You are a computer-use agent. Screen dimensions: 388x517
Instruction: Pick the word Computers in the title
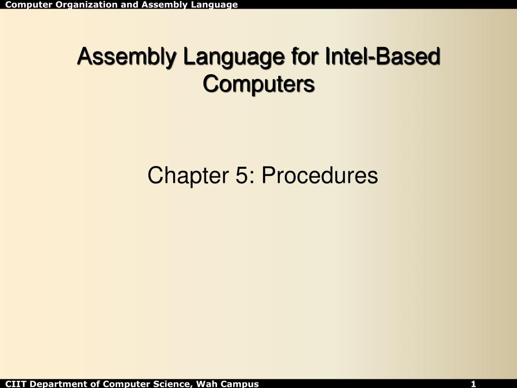[x=258, y=83]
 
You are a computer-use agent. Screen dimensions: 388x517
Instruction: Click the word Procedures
[x=320, y=176]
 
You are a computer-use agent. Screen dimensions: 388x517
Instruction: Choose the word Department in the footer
[x=54, y=384]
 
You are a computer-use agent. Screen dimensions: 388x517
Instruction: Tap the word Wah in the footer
[x=205, y=384]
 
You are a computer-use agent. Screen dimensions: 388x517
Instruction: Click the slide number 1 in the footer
[x=474, y=384]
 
